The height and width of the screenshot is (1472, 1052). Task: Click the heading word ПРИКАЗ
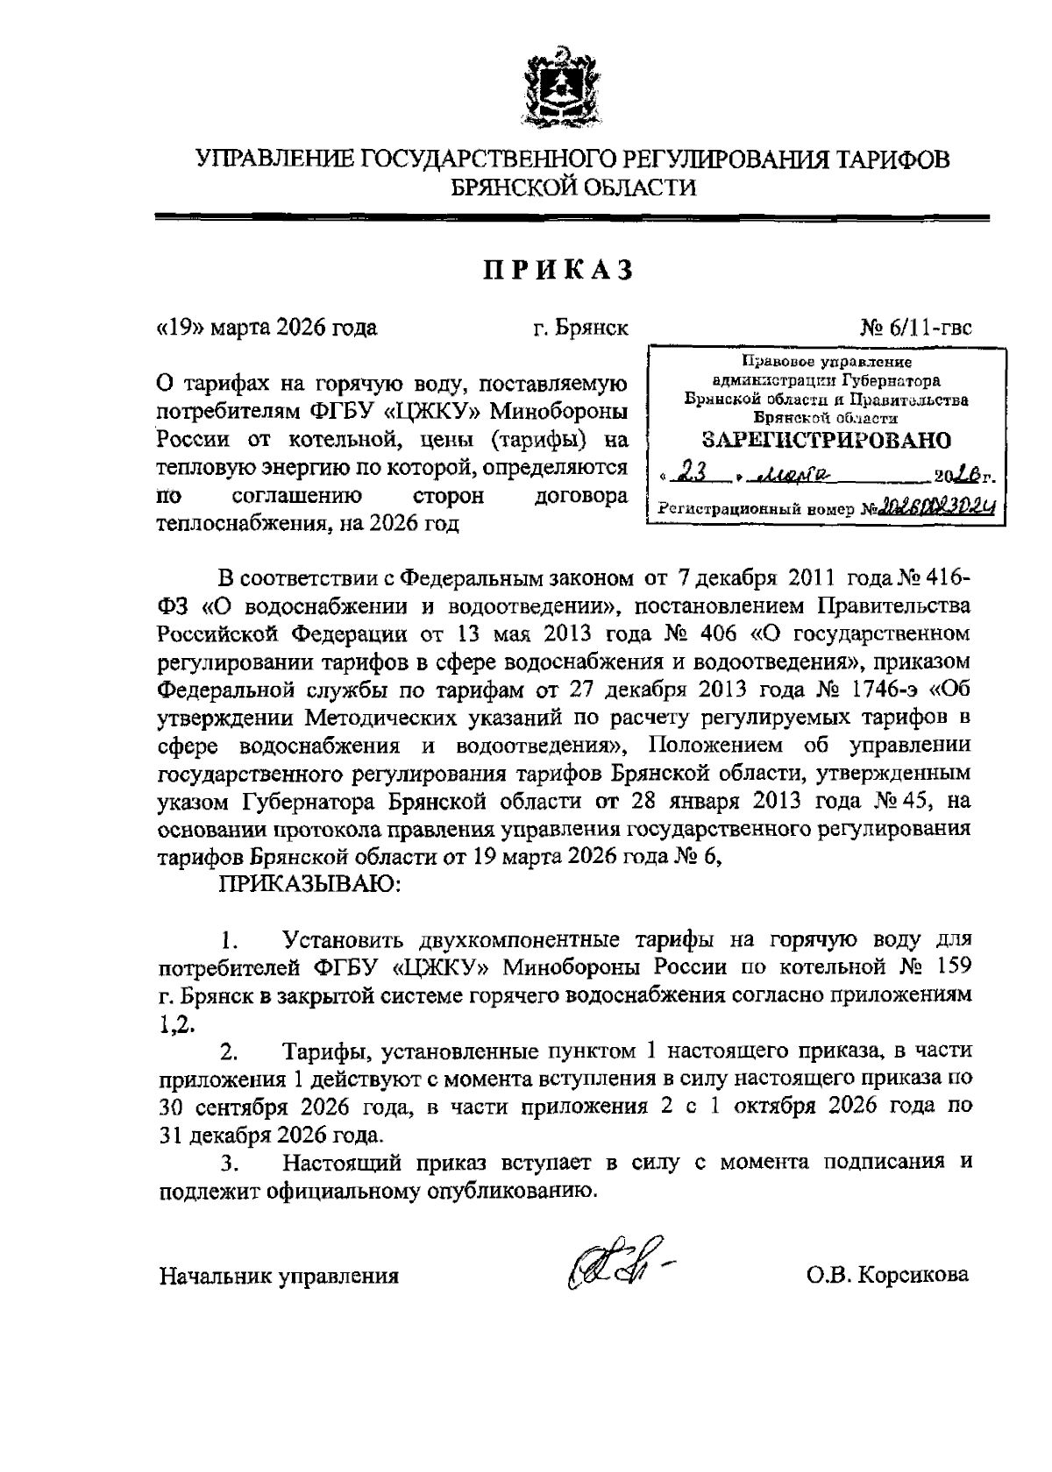pos(558,272)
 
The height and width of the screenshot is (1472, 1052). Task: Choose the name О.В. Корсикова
pos(888,1275)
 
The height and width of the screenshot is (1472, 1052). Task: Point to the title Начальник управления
pos(279,1276)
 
